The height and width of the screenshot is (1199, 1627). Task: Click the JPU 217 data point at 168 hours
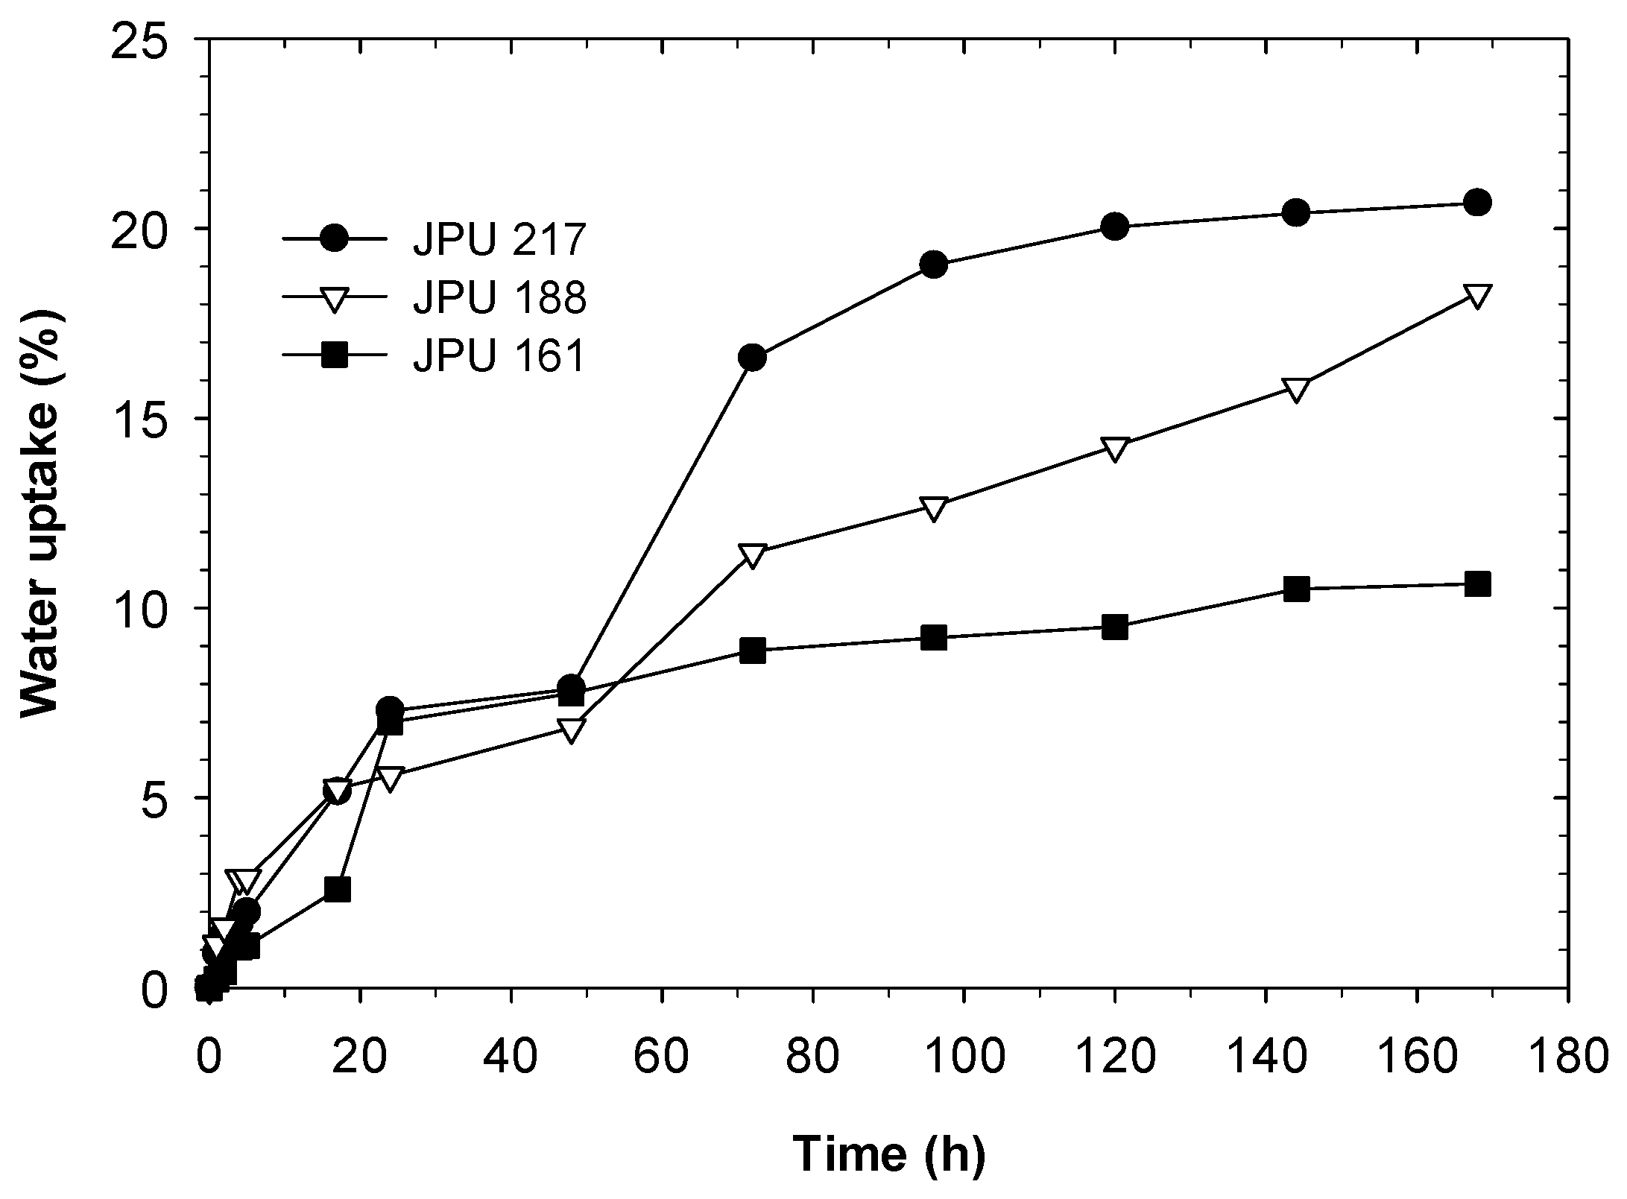[1477, 202]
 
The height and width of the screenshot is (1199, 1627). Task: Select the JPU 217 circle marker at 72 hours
[753, 358]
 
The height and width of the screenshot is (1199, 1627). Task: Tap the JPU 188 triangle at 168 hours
[1477, 295]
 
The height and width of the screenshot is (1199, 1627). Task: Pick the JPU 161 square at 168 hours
[1477, 584]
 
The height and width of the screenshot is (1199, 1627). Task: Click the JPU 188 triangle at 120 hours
[1115, 449]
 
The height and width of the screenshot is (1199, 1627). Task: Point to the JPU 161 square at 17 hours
[338, 889]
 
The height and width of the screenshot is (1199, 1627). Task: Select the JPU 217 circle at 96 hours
[934, 264]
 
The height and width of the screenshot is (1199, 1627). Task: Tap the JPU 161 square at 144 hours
[1297, 589]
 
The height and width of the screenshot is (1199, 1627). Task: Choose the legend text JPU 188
[499, 298]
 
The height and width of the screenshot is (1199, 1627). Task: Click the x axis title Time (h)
[889, 1153]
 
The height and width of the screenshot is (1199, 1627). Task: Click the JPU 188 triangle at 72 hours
[753, 555]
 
